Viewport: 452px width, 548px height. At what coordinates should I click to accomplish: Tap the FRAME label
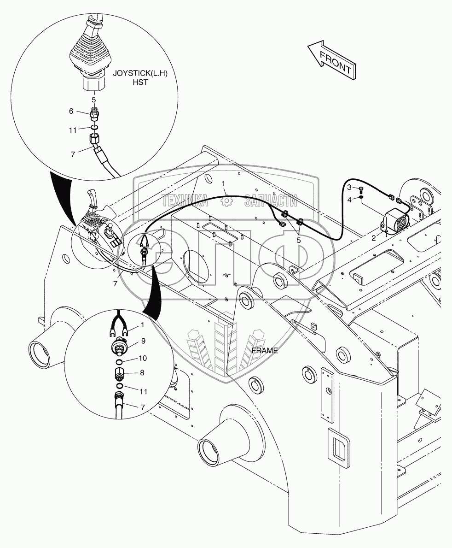pos(265,350)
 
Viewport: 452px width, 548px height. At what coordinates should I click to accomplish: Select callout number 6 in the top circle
pos(71,111)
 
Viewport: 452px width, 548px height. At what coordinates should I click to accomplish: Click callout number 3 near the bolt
pos(349,187)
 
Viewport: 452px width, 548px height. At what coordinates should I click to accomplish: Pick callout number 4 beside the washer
pos(349,199)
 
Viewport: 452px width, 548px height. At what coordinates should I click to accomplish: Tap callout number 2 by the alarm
pos(374,237)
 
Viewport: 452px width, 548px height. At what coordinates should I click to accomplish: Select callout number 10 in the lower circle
pos(143,358)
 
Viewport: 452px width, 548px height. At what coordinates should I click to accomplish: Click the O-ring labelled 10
pos(119,360)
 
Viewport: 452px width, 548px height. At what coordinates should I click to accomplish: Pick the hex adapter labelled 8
pos(119,373)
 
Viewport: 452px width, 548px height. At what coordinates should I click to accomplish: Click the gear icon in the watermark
pos(226,201)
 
